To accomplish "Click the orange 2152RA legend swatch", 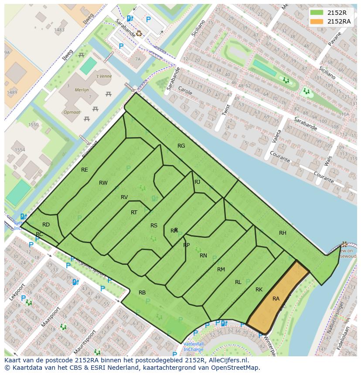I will pyautogui.click(x=317, y=21).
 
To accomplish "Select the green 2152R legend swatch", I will pyautogui.click(x=317, y=13).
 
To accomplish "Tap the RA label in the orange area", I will pyautogui.click(x=276, y=299).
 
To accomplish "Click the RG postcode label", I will pyautogui.click(x=181, y=146).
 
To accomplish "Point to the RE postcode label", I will pyautogui.click(x=85, y=170).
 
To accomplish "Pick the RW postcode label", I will pyautogui.click(x=103, y=183).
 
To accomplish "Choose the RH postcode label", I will pyautogui.click(x=283, y=233).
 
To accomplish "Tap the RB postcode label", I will pyautogui.click(x=142, y=293).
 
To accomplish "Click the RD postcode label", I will pyautogui.click(x=46, y=225).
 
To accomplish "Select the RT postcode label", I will pyautogui.click(x=134, y=213).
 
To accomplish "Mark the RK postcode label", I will pyautogui.click(x=259, y=290).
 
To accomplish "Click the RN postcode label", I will pyautogui.click(x=203, y=256).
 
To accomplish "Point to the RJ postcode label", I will pyautogui.click(x=198, y=182).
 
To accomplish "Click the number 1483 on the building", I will pyautogui.click(x=59, y=30).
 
